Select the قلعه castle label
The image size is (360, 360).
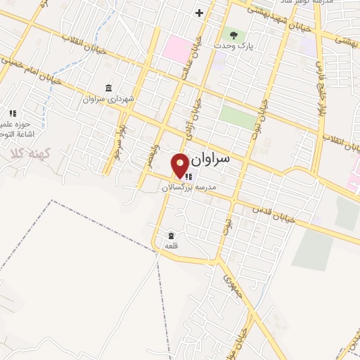[x=172, y=246]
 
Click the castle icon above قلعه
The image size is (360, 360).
[x=172, y=235]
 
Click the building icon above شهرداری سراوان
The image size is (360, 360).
[x=108, y=88]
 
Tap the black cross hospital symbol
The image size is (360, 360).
[x=199, y=13]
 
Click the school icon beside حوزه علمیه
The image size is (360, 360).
[x=13, y=112]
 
